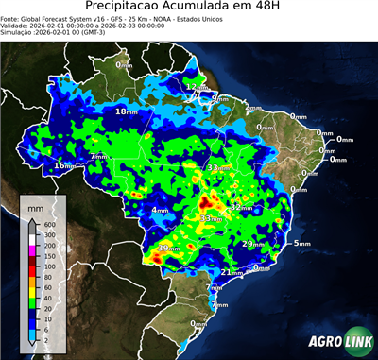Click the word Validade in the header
(x=18, y=27)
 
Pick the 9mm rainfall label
(x=218, y=98)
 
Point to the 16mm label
(x=63, y=165)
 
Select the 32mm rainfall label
(x=241, y=206)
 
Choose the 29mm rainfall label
(x=252, y=244)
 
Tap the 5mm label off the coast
(x=301, y=244)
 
